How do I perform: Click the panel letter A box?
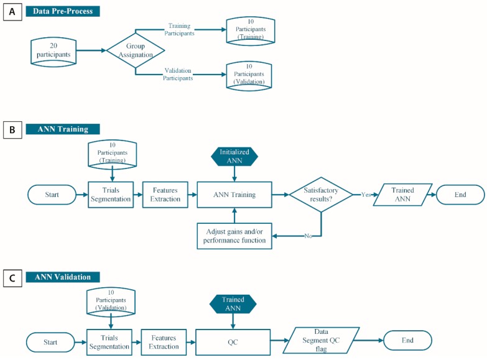(12, 11)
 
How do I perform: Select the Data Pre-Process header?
(63, 11)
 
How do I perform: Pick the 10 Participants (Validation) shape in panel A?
(249, 74)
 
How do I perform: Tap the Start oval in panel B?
(52, 195)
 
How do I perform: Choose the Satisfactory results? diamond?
(320, 195)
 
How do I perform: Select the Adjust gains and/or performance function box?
(235, 236)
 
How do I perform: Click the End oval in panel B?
(460, 195)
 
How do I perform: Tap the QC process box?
(234, 341)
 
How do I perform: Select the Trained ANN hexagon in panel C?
(234, 304)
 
